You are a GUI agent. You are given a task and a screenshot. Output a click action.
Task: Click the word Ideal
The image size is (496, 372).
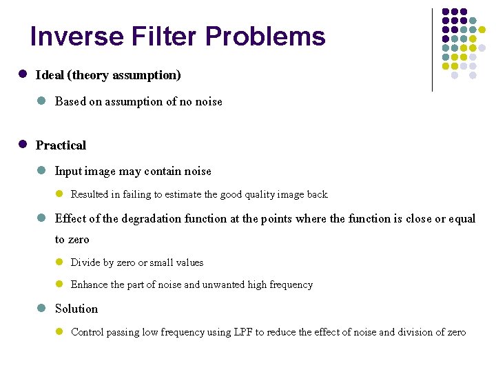coord(50,74)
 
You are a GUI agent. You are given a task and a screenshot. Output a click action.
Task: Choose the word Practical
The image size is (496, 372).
coord(61,145)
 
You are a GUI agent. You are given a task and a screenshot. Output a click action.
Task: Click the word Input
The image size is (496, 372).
coord(68,171)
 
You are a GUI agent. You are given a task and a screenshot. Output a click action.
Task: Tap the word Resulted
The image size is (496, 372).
coord(92,195)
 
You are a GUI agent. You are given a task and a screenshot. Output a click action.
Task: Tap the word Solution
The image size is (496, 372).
coord(76,309)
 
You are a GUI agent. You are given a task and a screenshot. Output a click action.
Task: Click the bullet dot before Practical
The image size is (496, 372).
coord(23,145)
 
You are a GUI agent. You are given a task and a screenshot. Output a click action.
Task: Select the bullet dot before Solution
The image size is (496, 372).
coord(41,308)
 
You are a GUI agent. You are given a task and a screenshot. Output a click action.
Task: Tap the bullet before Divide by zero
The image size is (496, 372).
coord(59,262)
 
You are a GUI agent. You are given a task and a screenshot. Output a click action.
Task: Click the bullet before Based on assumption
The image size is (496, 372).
coord(41,101)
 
